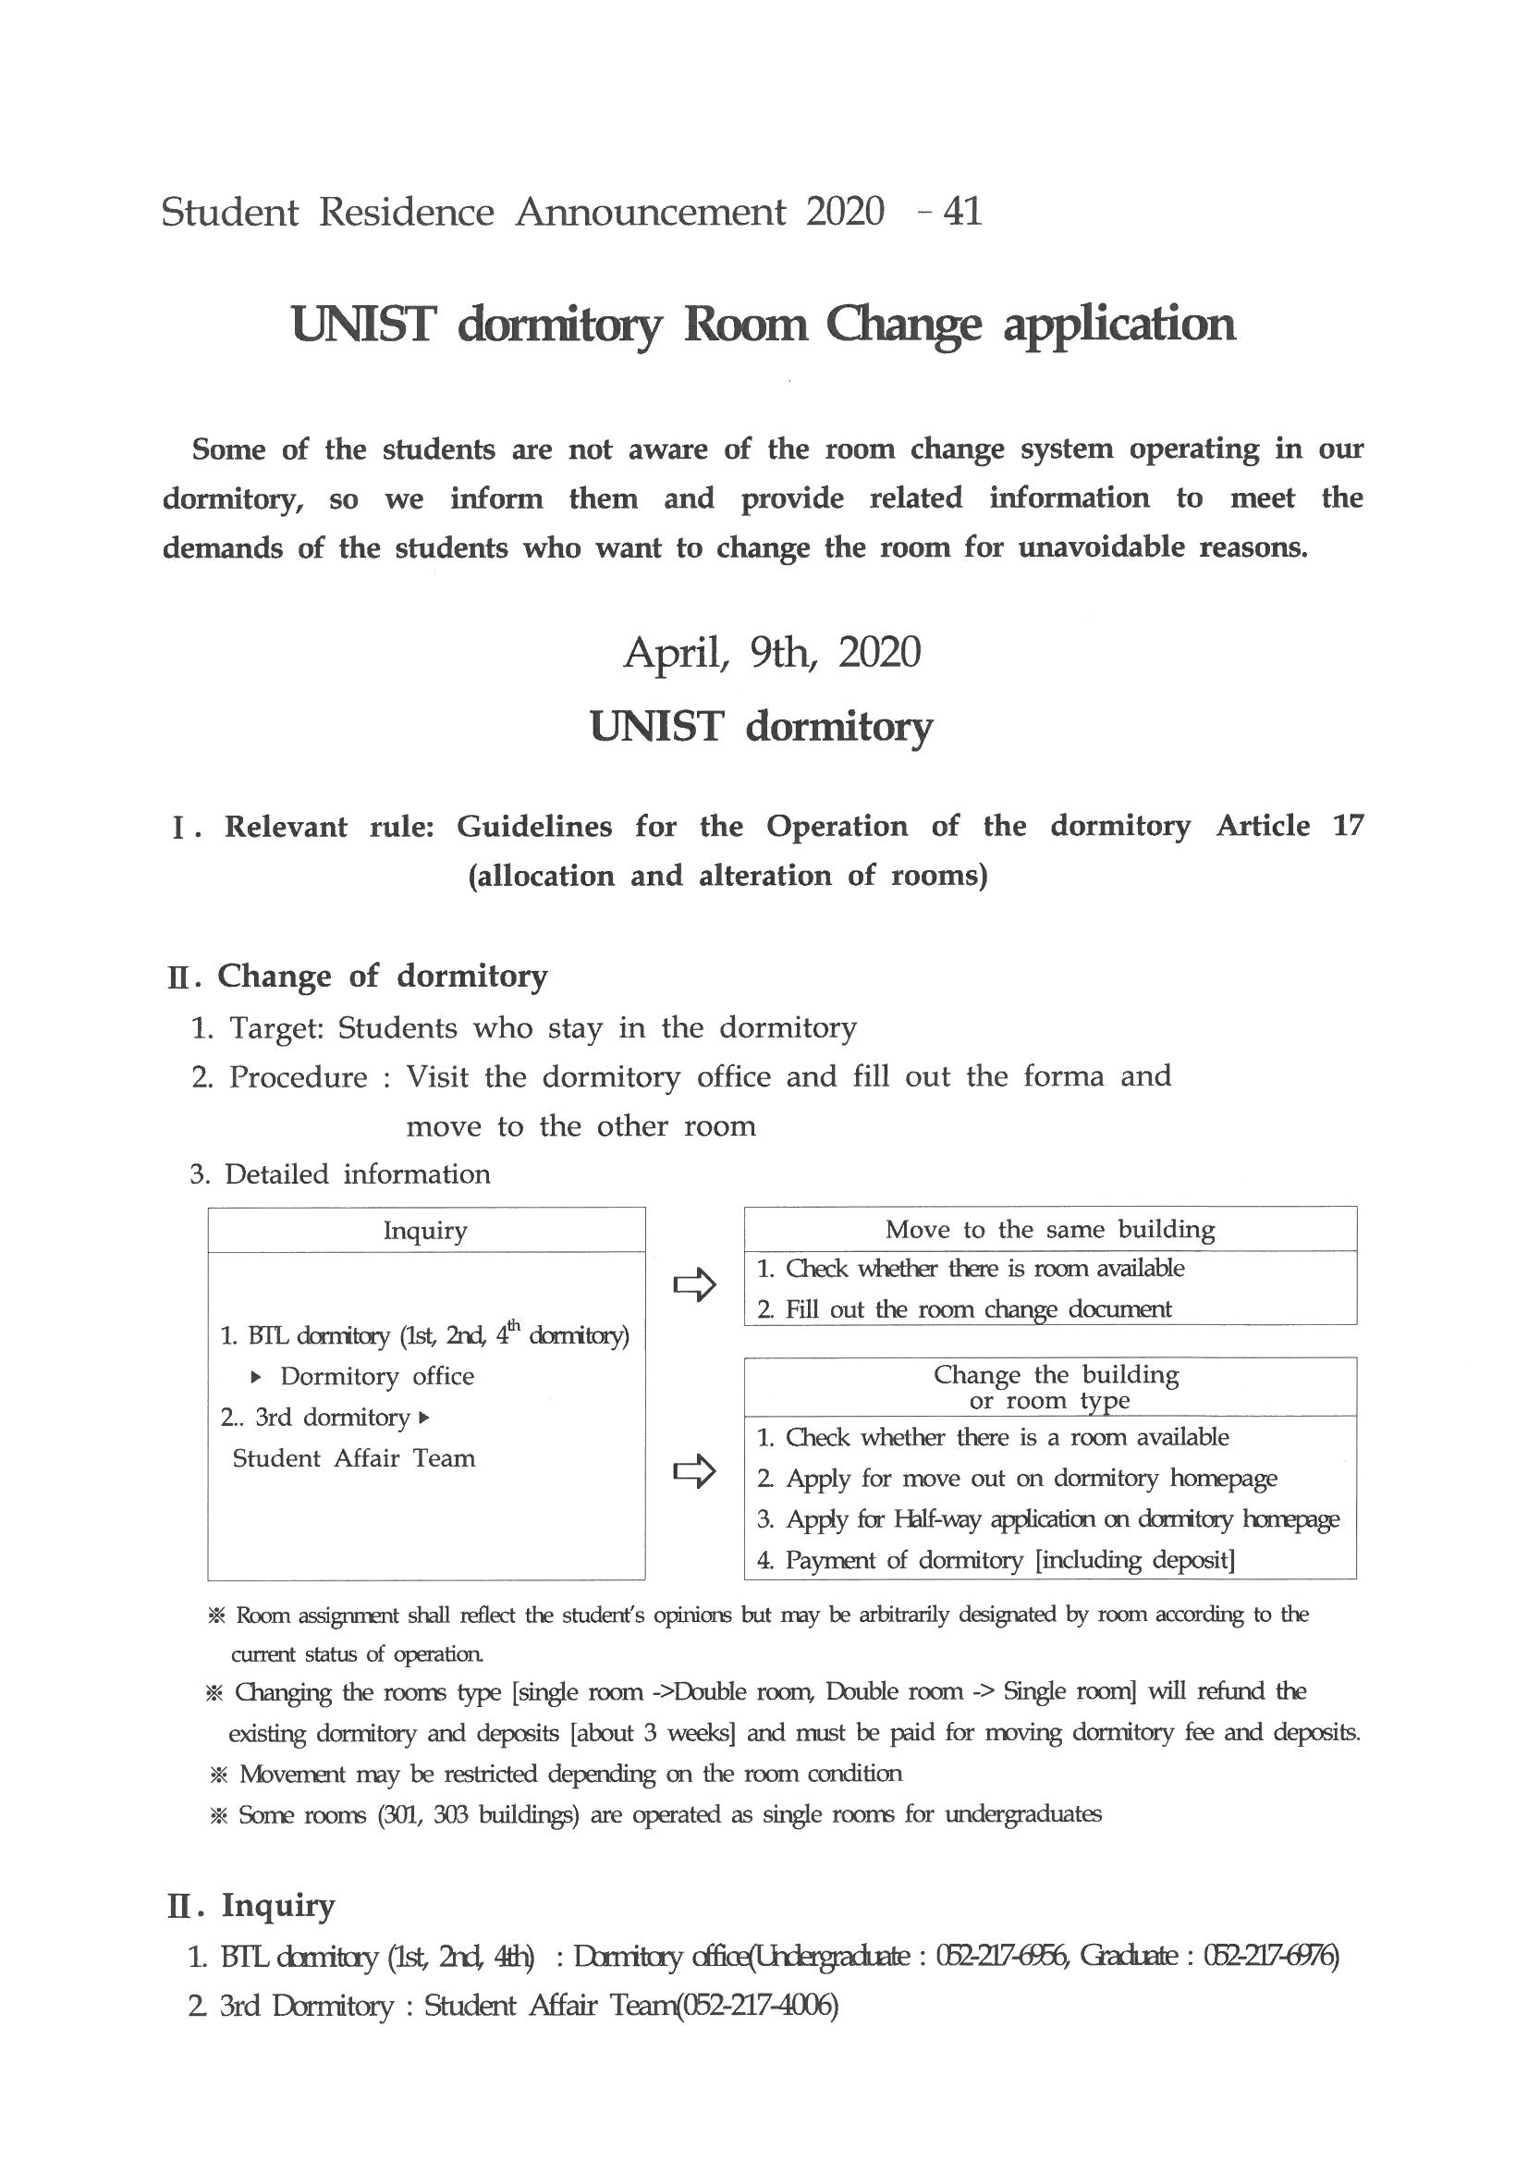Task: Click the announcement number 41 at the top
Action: click(x=961, y=212)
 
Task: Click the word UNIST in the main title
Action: click(x=364, y=325)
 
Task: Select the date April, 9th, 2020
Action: click(x=771, y=653)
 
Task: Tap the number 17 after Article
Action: click(x=1347, y=826)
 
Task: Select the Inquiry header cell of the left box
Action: click(x=425, y=1231)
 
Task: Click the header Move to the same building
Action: click(x=1050, y=1229)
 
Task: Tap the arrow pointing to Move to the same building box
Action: click(x=695, y=1285)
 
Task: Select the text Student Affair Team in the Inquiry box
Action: click(x=354, y=1458)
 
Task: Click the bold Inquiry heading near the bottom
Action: click(x=277, y=1905)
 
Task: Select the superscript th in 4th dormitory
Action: click(x=514, y=1325)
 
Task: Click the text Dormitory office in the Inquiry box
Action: click(x=376, y=1377)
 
